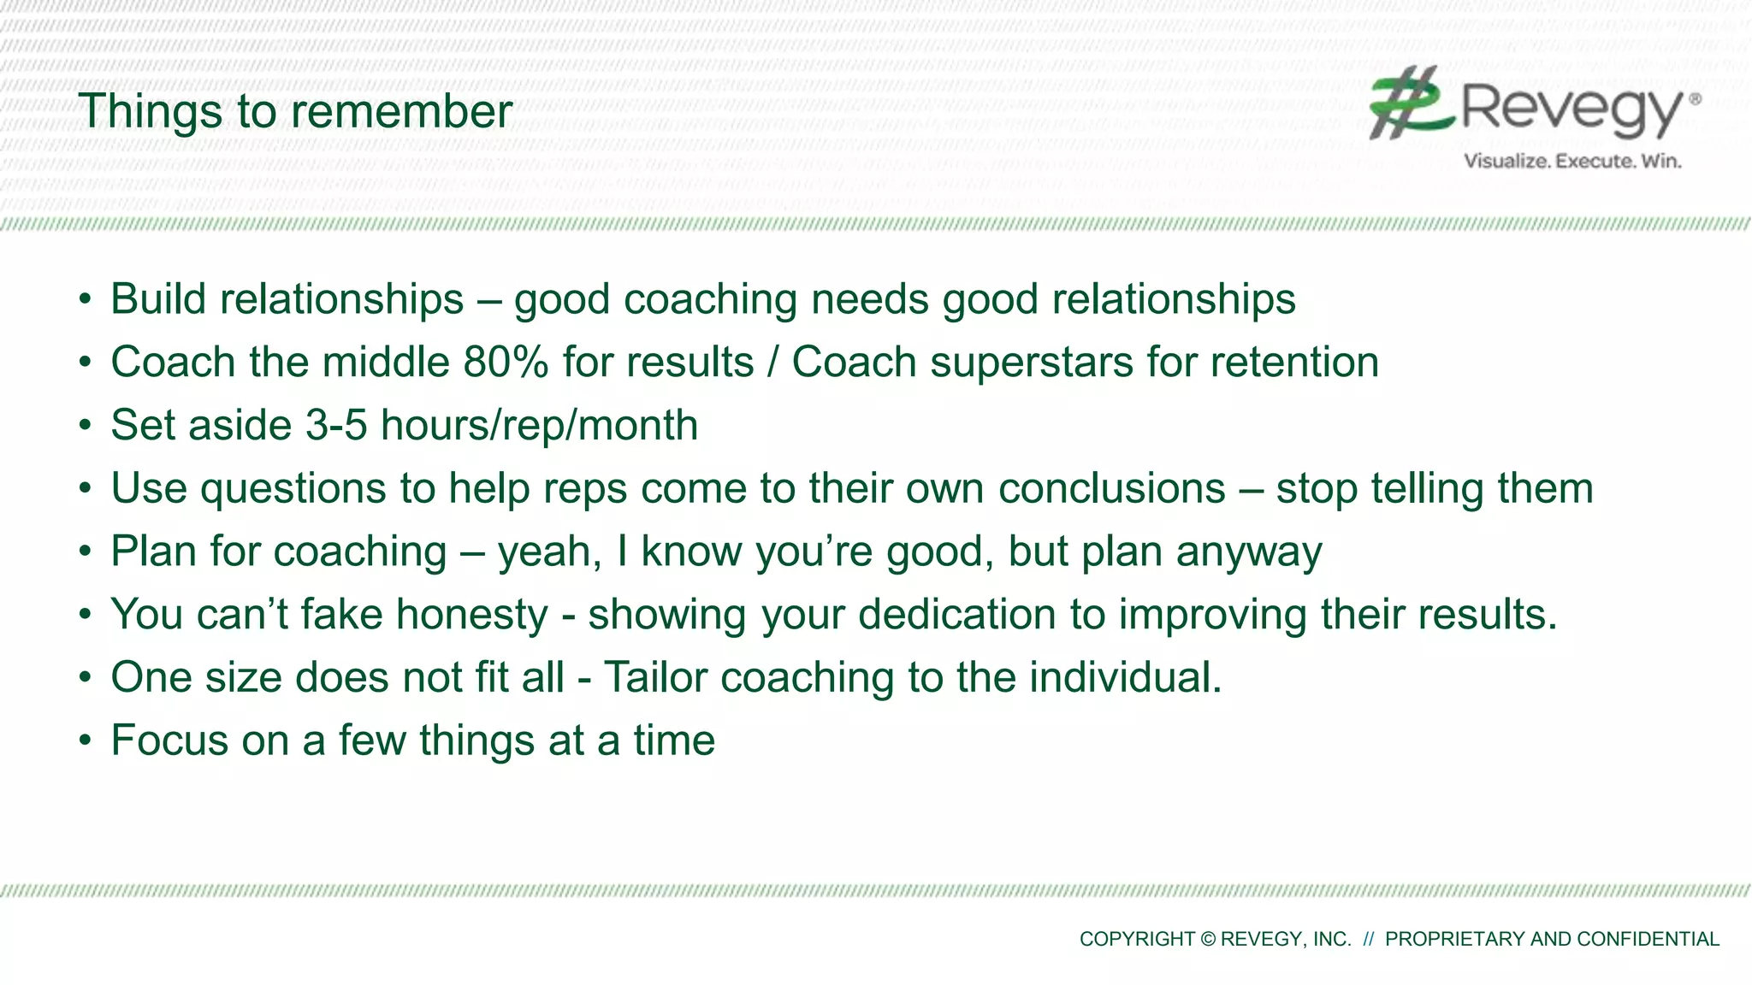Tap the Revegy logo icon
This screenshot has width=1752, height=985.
click(x=1410, y=103)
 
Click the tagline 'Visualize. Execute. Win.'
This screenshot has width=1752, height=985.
click(x=1572, y=161)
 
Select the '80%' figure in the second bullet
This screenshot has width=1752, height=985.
click(x=506, y=363)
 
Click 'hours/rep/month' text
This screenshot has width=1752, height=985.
click(x=539, y=426)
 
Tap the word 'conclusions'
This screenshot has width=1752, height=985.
click(x=1111, y=489)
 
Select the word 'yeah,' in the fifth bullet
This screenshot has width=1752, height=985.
click(x=549, y=552)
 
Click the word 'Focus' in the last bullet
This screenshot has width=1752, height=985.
click(x=169, y=740)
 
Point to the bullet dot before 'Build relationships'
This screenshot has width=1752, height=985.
click(x=85, y=300)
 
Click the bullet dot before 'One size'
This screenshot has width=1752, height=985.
click(x=85, y=678)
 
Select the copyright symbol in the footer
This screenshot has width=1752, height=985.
click(x=1207, y=939)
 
